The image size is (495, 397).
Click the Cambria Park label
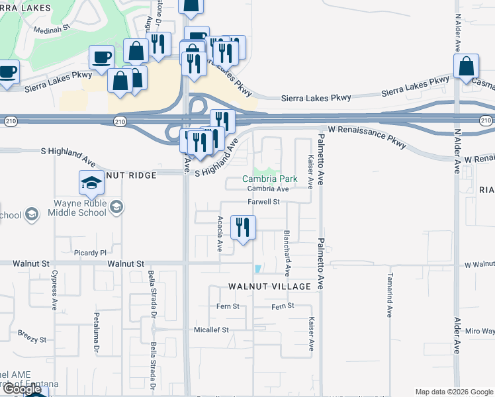coord(269,179)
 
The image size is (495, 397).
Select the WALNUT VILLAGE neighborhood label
coord(269,287)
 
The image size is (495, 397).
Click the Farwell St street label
coord(265,201)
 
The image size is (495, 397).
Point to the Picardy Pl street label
coord(90,253)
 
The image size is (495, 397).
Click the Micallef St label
coord(210,330)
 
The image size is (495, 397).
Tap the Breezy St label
coord(32,337)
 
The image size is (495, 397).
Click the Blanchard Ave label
coord(287,253)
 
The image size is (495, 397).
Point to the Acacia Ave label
coord(220,233)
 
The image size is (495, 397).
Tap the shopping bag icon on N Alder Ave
coord(466,66)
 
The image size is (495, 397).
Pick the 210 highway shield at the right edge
coord(486,120)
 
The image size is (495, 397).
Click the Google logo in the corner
coord(22,389)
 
